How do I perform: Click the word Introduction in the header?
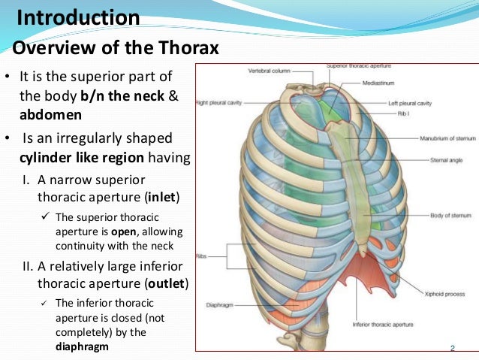tap(78, 17)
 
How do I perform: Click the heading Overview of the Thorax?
tap(116, 49)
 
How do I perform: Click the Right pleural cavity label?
tap(220, 102)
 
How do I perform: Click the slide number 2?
tap(453, 348)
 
